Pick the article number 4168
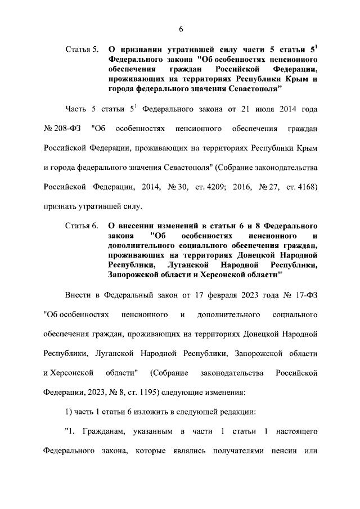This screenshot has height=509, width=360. pos(306,187)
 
